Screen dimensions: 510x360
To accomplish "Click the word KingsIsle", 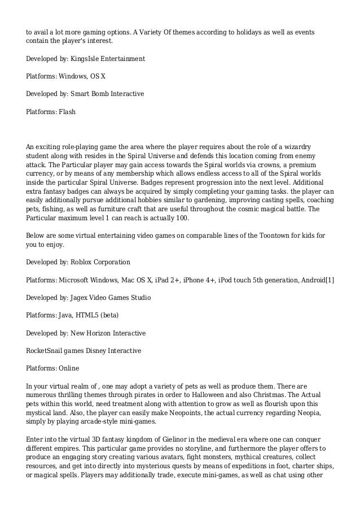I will (85, 58).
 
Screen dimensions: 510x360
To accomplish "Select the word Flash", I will (67, 112).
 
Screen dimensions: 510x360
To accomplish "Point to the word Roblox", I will (82, 262).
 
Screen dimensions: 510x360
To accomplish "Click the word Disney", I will (97, 351).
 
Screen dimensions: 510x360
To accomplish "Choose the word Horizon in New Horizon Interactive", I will (99, 333).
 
